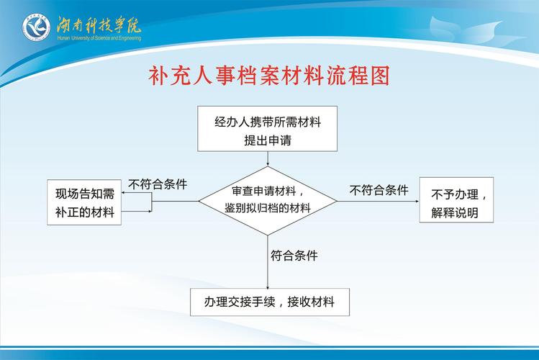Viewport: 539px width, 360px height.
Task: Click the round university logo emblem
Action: [x=35, y=27]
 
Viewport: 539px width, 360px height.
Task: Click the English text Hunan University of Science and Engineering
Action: [x=99, y=37]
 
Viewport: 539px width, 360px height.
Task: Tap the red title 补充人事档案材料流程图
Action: [x=269, y=76]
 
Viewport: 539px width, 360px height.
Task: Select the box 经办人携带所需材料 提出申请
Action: [x=268, y=130]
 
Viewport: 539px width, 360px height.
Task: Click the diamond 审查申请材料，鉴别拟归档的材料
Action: [x=268, y=199]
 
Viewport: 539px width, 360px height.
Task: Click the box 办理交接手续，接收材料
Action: [x=269, y=302]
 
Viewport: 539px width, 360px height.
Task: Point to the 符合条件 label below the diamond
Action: [x=294, y=255]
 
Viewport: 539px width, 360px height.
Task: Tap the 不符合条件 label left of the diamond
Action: [x=158, y=184]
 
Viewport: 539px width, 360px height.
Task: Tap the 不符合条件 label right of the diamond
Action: [x=379, y=190]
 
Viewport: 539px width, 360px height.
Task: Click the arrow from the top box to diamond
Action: [x=268, y=158]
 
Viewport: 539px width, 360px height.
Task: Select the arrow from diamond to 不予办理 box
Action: [x=378, y=201]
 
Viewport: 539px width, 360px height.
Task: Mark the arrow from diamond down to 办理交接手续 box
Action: [x=268, y=263]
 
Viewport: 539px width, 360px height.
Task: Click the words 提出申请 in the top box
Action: [x=268, y=140]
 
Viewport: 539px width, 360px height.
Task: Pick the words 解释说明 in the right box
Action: [x=455, y=213]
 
